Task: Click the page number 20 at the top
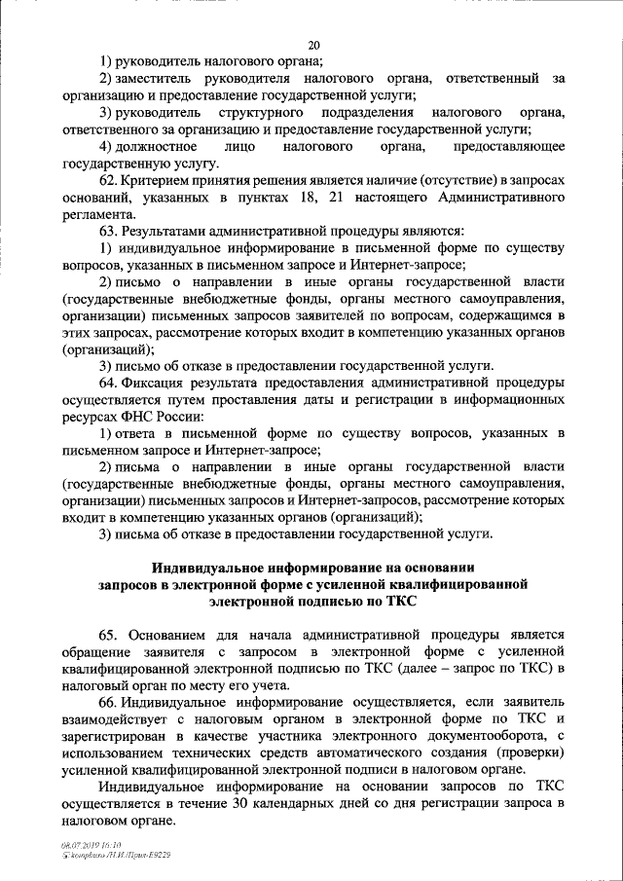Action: pyautogui.click(x=312, y=44)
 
